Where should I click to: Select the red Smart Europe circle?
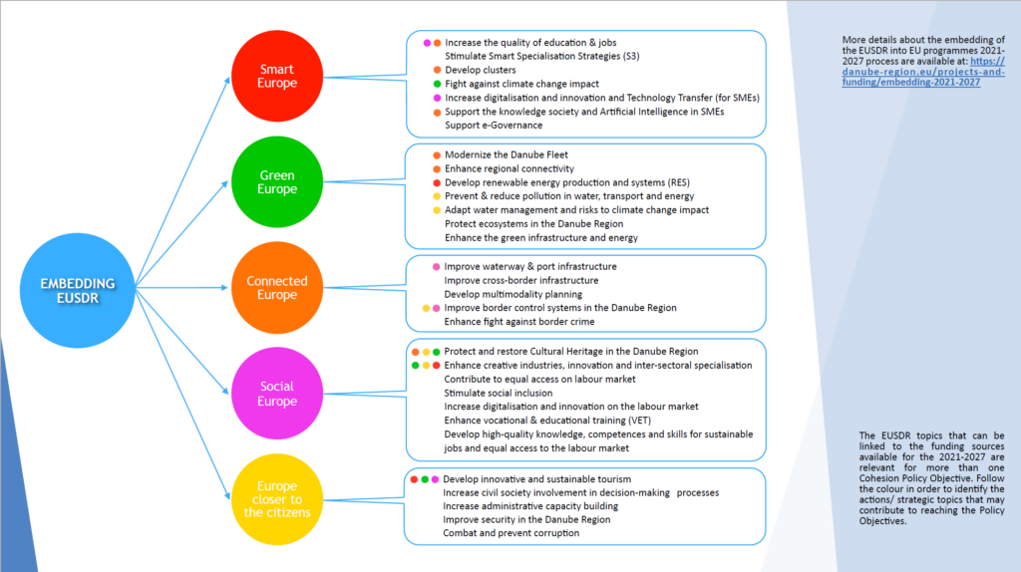tap(277, 77)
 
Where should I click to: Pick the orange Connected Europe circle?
tap(277, 288)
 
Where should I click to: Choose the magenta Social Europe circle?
tap(277, 394)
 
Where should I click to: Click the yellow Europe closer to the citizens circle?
tap(277, 500)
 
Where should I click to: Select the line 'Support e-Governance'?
tap(494, 125)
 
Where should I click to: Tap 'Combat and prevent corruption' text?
tap(510, 533)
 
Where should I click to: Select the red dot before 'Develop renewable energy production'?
tap(437, 184)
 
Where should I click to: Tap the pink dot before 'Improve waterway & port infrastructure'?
tap(436, 267)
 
